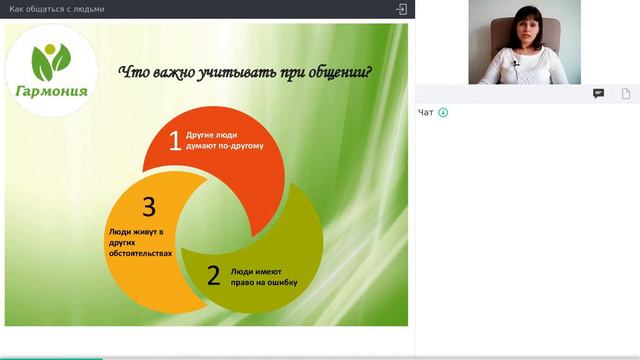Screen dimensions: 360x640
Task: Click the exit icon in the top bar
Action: tap(401, 9)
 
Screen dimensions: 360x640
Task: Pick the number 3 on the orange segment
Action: tap(149, 207)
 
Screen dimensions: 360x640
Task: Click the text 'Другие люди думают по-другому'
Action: tap(226, 140)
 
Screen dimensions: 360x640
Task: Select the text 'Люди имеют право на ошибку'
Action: tap(264, 276)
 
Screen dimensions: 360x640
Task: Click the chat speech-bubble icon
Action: tap(598, 93)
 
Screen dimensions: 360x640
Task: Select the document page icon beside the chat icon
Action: tap(625, 93)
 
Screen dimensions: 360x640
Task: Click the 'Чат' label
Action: tap(426, 112)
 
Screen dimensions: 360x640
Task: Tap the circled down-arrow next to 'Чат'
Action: tap(443, 112)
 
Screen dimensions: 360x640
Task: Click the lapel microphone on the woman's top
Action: tap(516, 64)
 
